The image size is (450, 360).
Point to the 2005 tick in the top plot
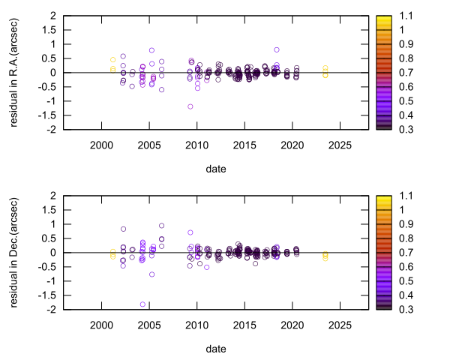149,145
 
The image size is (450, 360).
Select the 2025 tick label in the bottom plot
339,325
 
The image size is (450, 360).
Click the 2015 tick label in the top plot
244,145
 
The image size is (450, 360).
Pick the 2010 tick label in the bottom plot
196,325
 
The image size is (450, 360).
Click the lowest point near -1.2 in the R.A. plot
190,106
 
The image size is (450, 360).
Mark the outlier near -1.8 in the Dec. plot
142,304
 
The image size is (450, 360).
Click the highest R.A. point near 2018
277,49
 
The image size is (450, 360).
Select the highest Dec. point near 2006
161,225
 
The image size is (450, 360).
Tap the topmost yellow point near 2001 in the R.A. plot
113,59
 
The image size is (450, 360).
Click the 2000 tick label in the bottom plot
102,325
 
